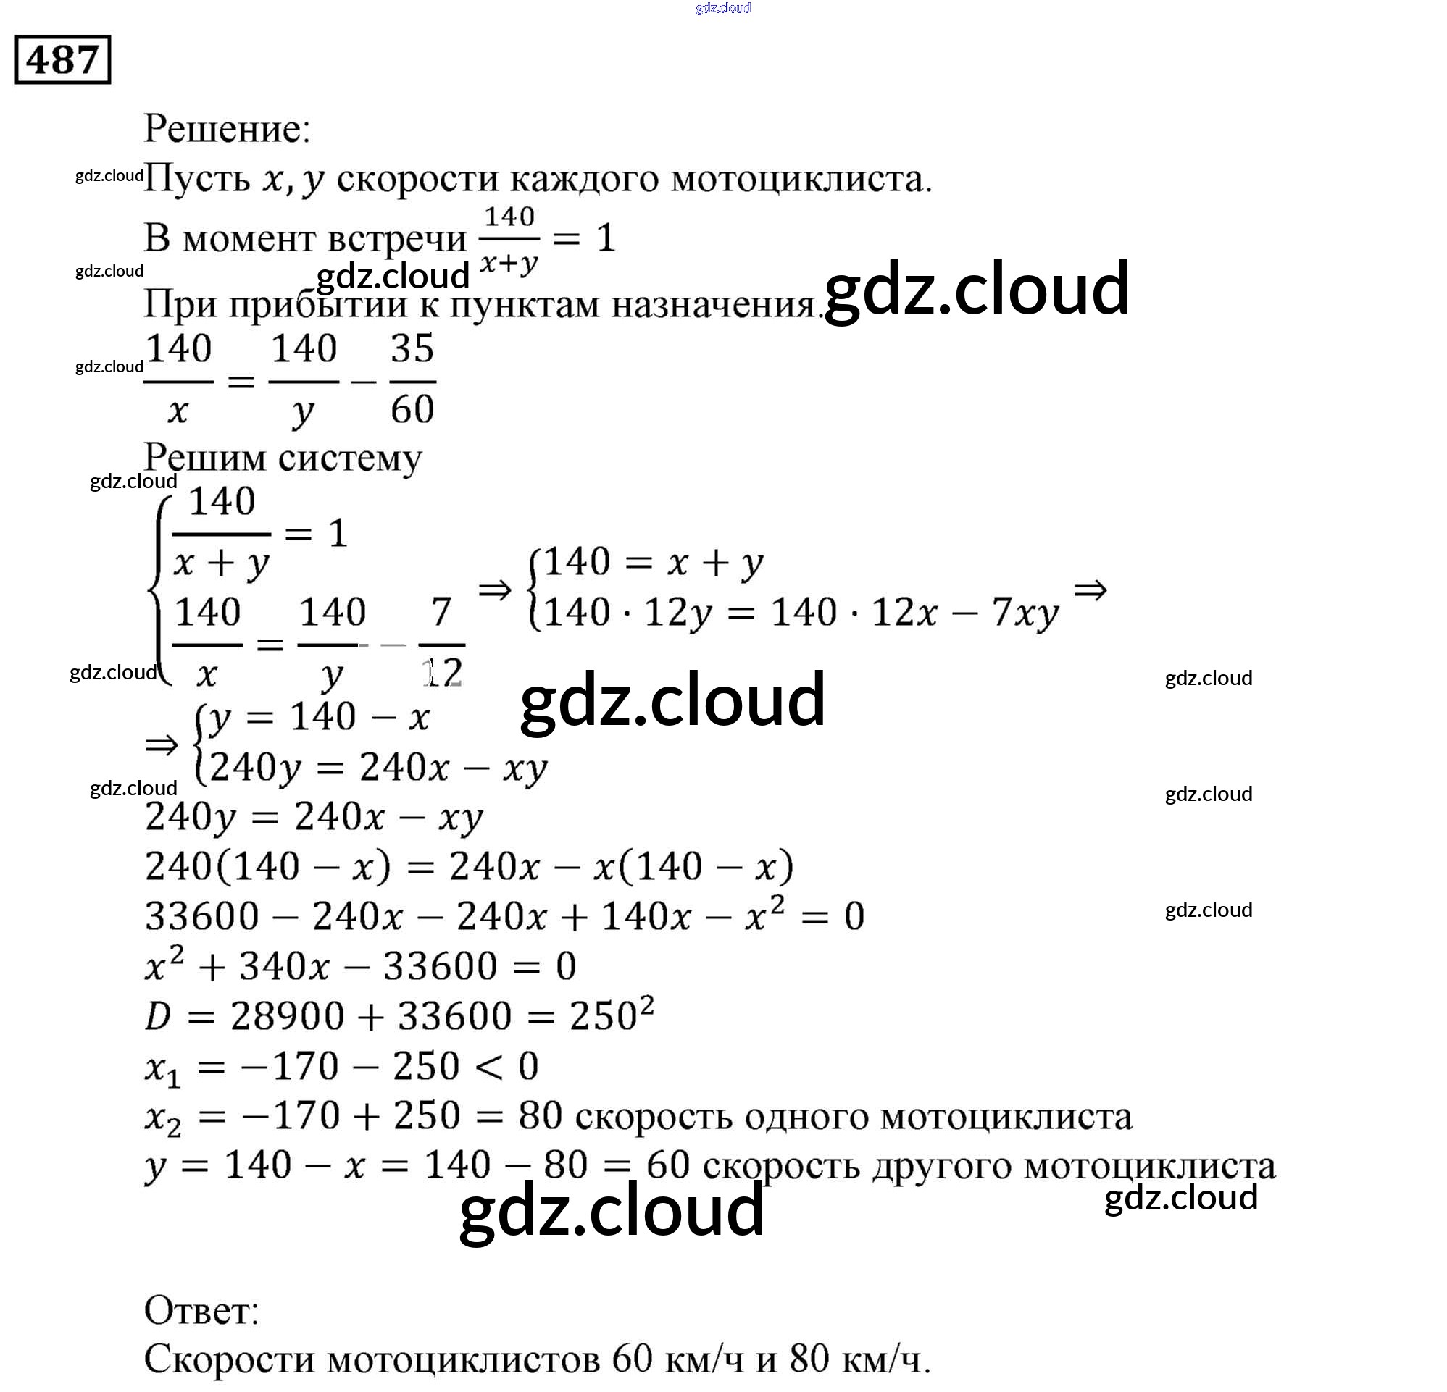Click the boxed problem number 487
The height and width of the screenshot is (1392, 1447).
point(63,60)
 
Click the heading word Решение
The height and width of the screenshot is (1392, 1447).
point(226,129)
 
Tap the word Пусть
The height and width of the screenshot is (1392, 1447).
point(197,180)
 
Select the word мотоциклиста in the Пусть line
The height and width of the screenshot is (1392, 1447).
point(801,180)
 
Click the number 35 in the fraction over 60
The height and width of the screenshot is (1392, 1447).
point(412,348)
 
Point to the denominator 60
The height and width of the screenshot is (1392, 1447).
point(412,409)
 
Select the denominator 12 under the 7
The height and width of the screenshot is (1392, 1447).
point(443,673)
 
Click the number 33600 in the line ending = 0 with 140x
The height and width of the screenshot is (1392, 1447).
point(202,917)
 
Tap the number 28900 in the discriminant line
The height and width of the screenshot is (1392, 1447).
point(287,1016)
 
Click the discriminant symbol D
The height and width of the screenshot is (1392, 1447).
point(158,1016)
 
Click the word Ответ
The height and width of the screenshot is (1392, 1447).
point(201,1312)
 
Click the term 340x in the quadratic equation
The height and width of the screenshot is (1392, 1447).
point(283,967)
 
